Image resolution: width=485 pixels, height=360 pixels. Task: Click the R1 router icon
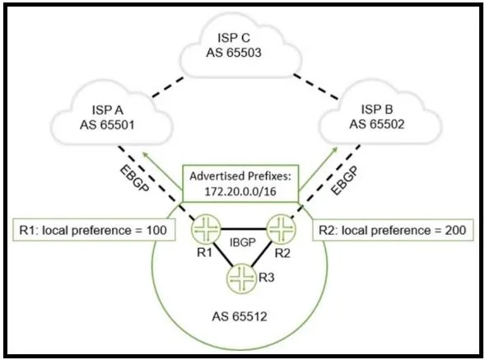coord(207,229)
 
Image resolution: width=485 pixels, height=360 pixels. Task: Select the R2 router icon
coord(281,229)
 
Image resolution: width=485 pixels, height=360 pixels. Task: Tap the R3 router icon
coord(242,278)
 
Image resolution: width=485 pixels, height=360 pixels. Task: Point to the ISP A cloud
coord(111,115)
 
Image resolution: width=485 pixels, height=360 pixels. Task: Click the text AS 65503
coord(234,53)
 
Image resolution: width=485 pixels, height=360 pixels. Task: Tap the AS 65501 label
coord(107,125)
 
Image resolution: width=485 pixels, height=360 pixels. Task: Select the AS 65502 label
coord(377,124)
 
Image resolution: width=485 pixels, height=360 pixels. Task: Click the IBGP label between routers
coord(243,242)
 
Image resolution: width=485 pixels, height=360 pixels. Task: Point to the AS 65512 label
coord(240,316)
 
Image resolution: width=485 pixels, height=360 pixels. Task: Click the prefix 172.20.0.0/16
coord(240,191)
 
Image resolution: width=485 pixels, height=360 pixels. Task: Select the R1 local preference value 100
coord(156,231)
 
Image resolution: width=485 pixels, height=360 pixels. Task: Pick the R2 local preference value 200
coord(455,231)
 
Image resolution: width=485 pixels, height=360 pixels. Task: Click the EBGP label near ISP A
coord(134,179)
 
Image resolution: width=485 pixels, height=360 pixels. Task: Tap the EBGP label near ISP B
coord(344,180)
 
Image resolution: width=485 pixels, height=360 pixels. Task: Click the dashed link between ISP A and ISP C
coord(168,87)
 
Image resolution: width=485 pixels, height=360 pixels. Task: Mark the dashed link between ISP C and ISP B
coord(316,87)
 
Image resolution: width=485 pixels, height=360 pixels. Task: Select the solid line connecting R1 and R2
coord(244,229)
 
